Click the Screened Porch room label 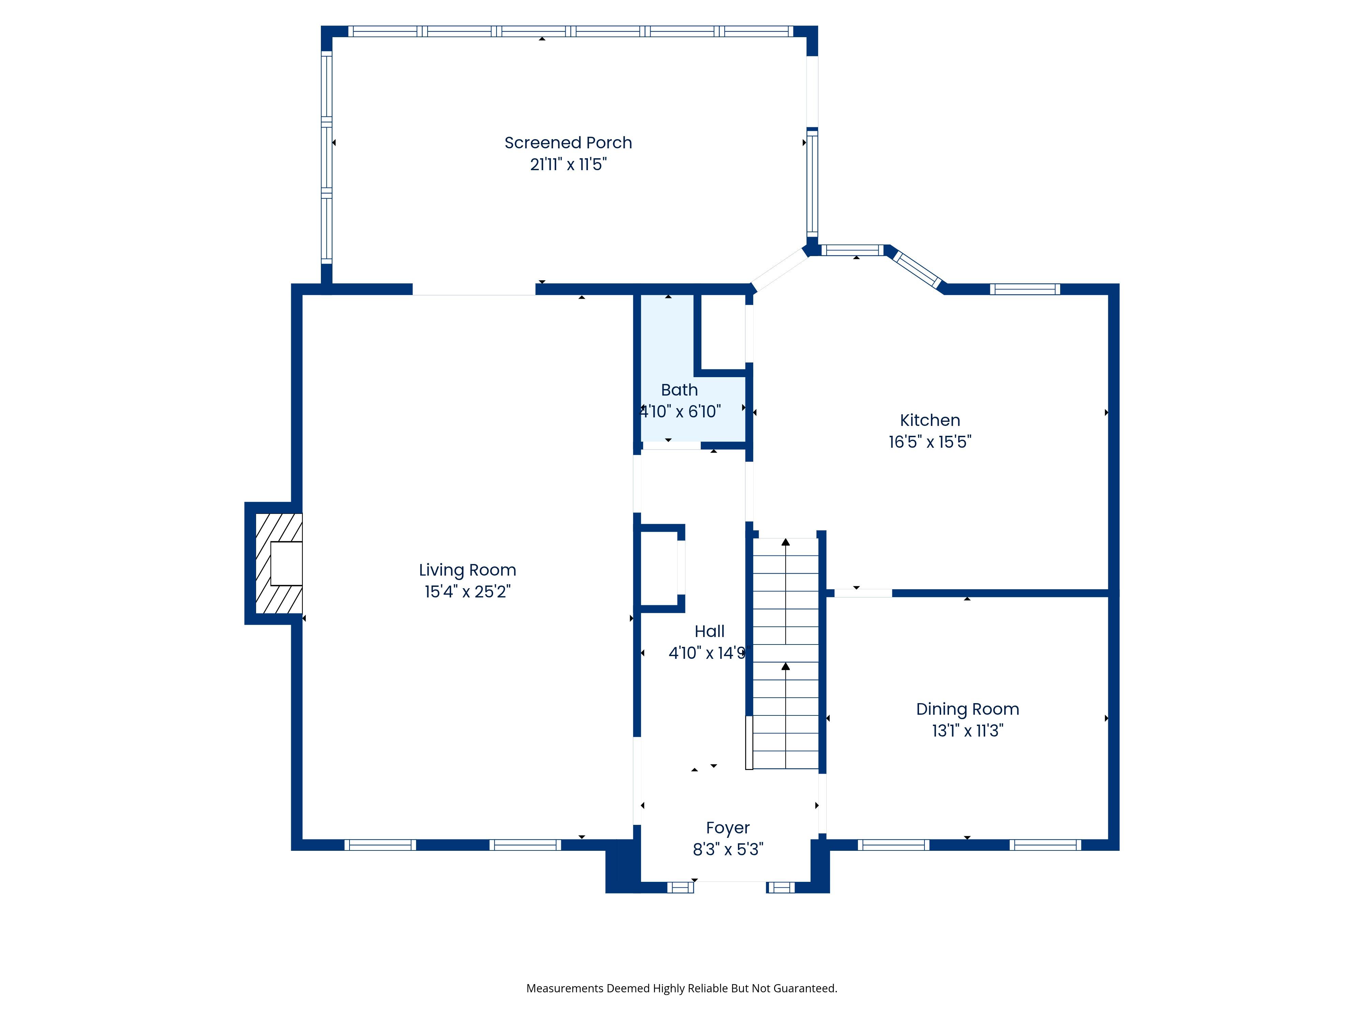coord(568,143)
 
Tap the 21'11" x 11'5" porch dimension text coord(568,164)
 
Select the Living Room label coord(468,570)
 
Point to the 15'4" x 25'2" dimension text coord(468,591)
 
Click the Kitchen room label coord(930,420)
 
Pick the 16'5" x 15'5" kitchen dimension coord(930,442)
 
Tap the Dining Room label coord(967,709)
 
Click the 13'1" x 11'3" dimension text coord(967,731)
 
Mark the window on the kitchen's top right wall coord(1025,289)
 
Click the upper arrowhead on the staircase coord(786,542)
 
